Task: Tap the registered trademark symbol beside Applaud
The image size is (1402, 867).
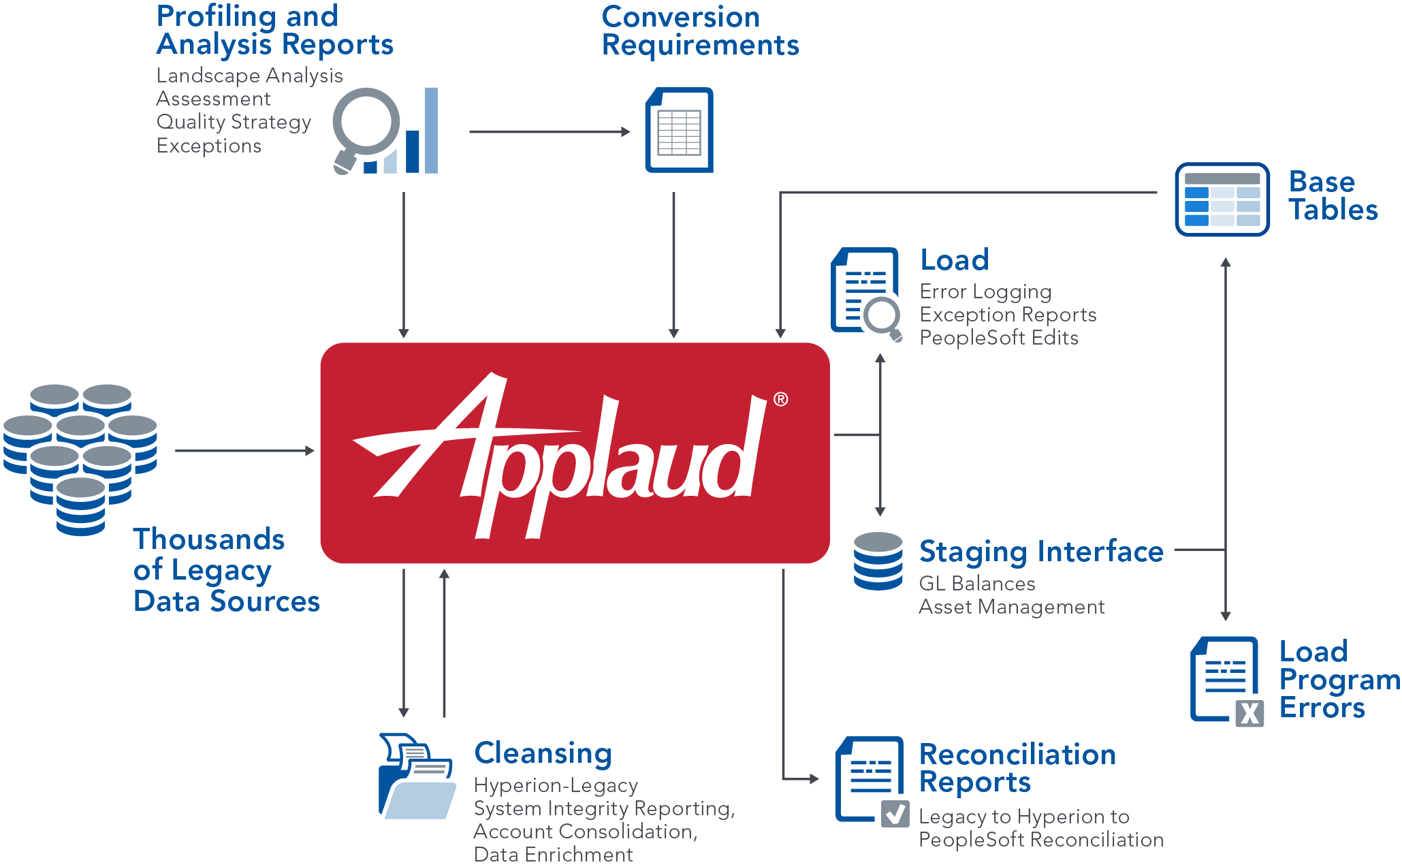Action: [780, 400]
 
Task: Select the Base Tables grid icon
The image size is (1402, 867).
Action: [1222, 200]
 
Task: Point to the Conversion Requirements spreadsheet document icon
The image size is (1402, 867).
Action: [679, 130]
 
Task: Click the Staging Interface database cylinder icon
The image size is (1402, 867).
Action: [878, 561]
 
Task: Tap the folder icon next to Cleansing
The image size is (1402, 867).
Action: [417, 777]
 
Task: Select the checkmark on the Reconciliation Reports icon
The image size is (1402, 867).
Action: [895, 814]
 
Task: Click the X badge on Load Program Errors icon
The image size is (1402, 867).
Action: [1249, 713]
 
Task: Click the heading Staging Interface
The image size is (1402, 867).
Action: [1040, 552]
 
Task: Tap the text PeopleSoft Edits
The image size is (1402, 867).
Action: [998, 338]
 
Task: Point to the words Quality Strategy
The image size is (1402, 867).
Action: [234, 122]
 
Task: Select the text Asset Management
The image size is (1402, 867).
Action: [1011, 607]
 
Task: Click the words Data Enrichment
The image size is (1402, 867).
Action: [553, 855]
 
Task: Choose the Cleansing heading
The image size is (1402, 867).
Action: [543, 753]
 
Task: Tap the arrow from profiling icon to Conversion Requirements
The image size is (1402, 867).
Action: [549, 132]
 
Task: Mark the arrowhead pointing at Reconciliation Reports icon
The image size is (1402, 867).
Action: [814, 778]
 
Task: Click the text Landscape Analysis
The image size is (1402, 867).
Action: [249, 76]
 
